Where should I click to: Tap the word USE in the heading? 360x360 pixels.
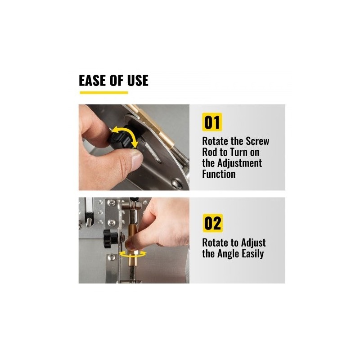[x=138, y=81]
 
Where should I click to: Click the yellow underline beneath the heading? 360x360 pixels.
[x=104, y=93]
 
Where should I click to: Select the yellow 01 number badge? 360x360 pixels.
[x=212, y=122]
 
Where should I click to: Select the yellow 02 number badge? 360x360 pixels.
[x=212, y=223]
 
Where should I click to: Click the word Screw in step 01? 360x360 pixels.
[x=257, y=141]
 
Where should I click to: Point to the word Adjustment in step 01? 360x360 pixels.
[x=239, y=163]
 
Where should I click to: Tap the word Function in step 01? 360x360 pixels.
[x=219, y=174]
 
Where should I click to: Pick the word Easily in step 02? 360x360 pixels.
[x=253, y=254]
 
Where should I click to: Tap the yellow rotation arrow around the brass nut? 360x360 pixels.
[x=133, y=254]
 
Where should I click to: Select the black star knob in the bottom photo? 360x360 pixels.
[x=110, y=238]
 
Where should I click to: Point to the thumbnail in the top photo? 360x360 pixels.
[x=137, y=158]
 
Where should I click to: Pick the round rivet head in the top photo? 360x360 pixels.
[x=176, y=184]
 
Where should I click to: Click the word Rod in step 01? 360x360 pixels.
[x=208, y=152]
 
